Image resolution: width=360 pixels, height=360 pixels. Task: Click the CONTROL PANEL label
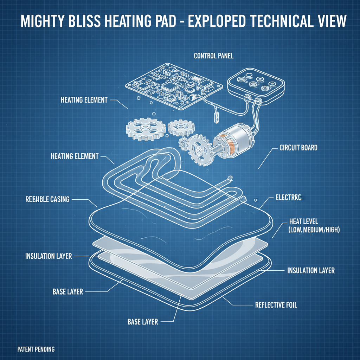213,56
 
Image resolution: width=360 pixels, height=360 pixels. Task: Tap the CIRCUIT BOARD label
298,148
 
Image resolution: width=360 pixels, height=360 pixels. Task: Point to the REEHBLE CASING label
47,199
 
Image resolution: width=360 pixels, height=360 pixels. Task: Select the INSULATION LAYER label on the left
49,256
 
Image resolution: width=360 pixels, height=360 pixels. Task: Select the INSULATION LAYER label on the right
311,271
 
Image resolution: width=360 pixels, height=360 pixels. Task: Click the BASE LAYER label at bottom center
143,321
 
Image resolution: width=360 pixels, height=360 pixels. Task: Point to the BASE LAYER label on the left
67,291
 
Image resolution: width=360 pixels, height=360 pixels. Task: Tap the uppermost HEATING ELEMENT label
84,100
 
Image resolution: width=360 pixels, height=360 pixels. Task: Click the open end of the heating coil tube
230,178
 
